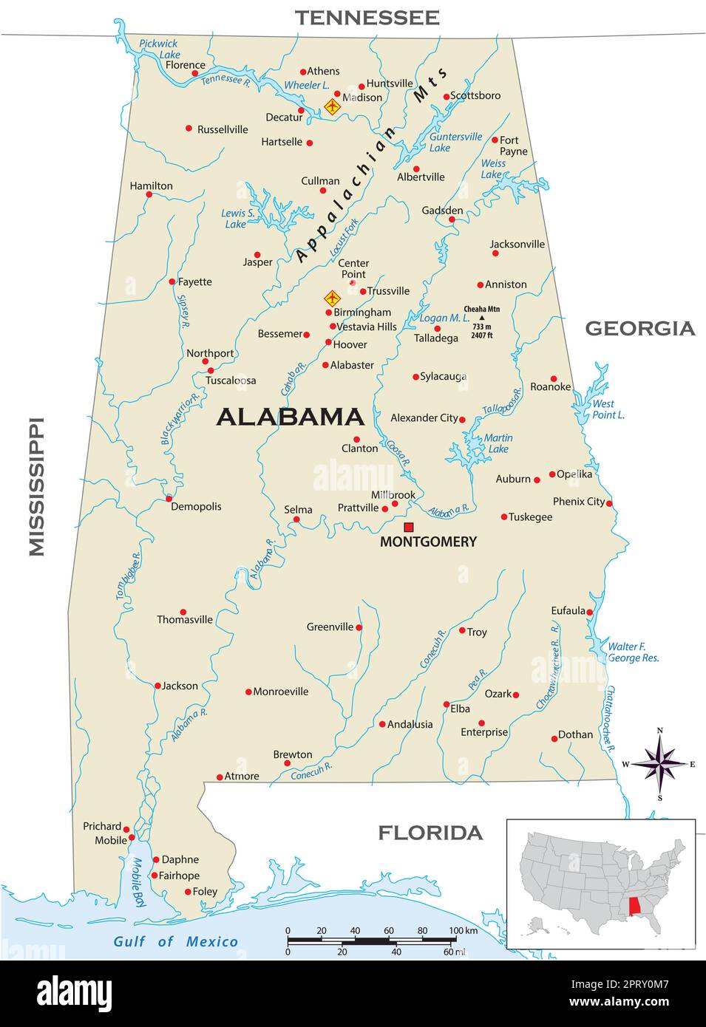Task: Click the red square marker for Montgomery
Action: point(408,527)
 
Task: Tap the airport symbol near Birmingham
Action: point(332,298)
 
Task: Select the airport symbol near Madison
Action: point(332,107)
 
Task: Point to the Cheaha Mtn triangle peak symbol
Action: point(482,318)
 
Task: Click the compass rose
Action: point(660,764)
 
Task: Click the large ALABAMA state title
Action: point(291,417)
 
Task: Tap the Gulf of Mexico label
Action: point(175,941)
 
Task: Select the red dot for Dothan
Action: point(554,738)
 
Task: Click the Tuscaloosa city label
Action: point(231,381)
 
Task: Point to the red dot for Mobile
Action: point(132,838)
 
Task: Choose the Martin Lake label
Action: point(498,443)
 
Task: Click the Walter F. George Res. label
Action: point(633,652)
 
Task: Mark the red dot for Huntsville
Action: point(362,86)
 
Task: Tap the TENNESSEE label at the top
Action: point(367,17)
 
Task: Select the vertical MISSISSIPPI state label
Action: point(36,487)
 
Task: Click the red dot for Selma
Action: point(296,519)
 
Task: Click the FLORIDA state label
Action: point(430,833)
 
